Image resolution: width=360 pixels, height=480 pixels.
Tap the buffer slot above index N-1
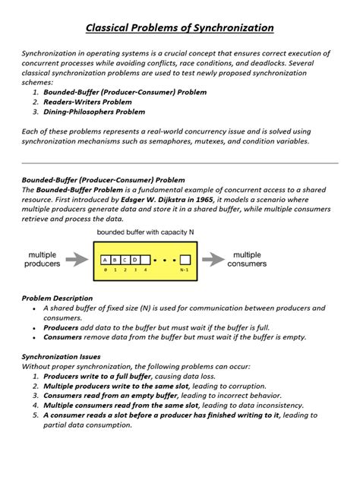click(x=185, y=259)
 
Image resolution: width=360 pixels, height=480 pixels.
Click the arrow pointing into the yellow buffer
click(x=77, y=259)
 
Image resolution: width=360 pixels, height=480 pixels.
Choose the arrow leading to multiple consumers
click(x=214, y=259)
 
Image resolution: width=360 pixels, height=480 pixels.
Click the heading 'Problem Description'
click(x=57, y=298)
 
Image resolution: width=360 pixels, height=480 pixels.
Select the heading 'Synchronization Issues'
click(x=61, y=356)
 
